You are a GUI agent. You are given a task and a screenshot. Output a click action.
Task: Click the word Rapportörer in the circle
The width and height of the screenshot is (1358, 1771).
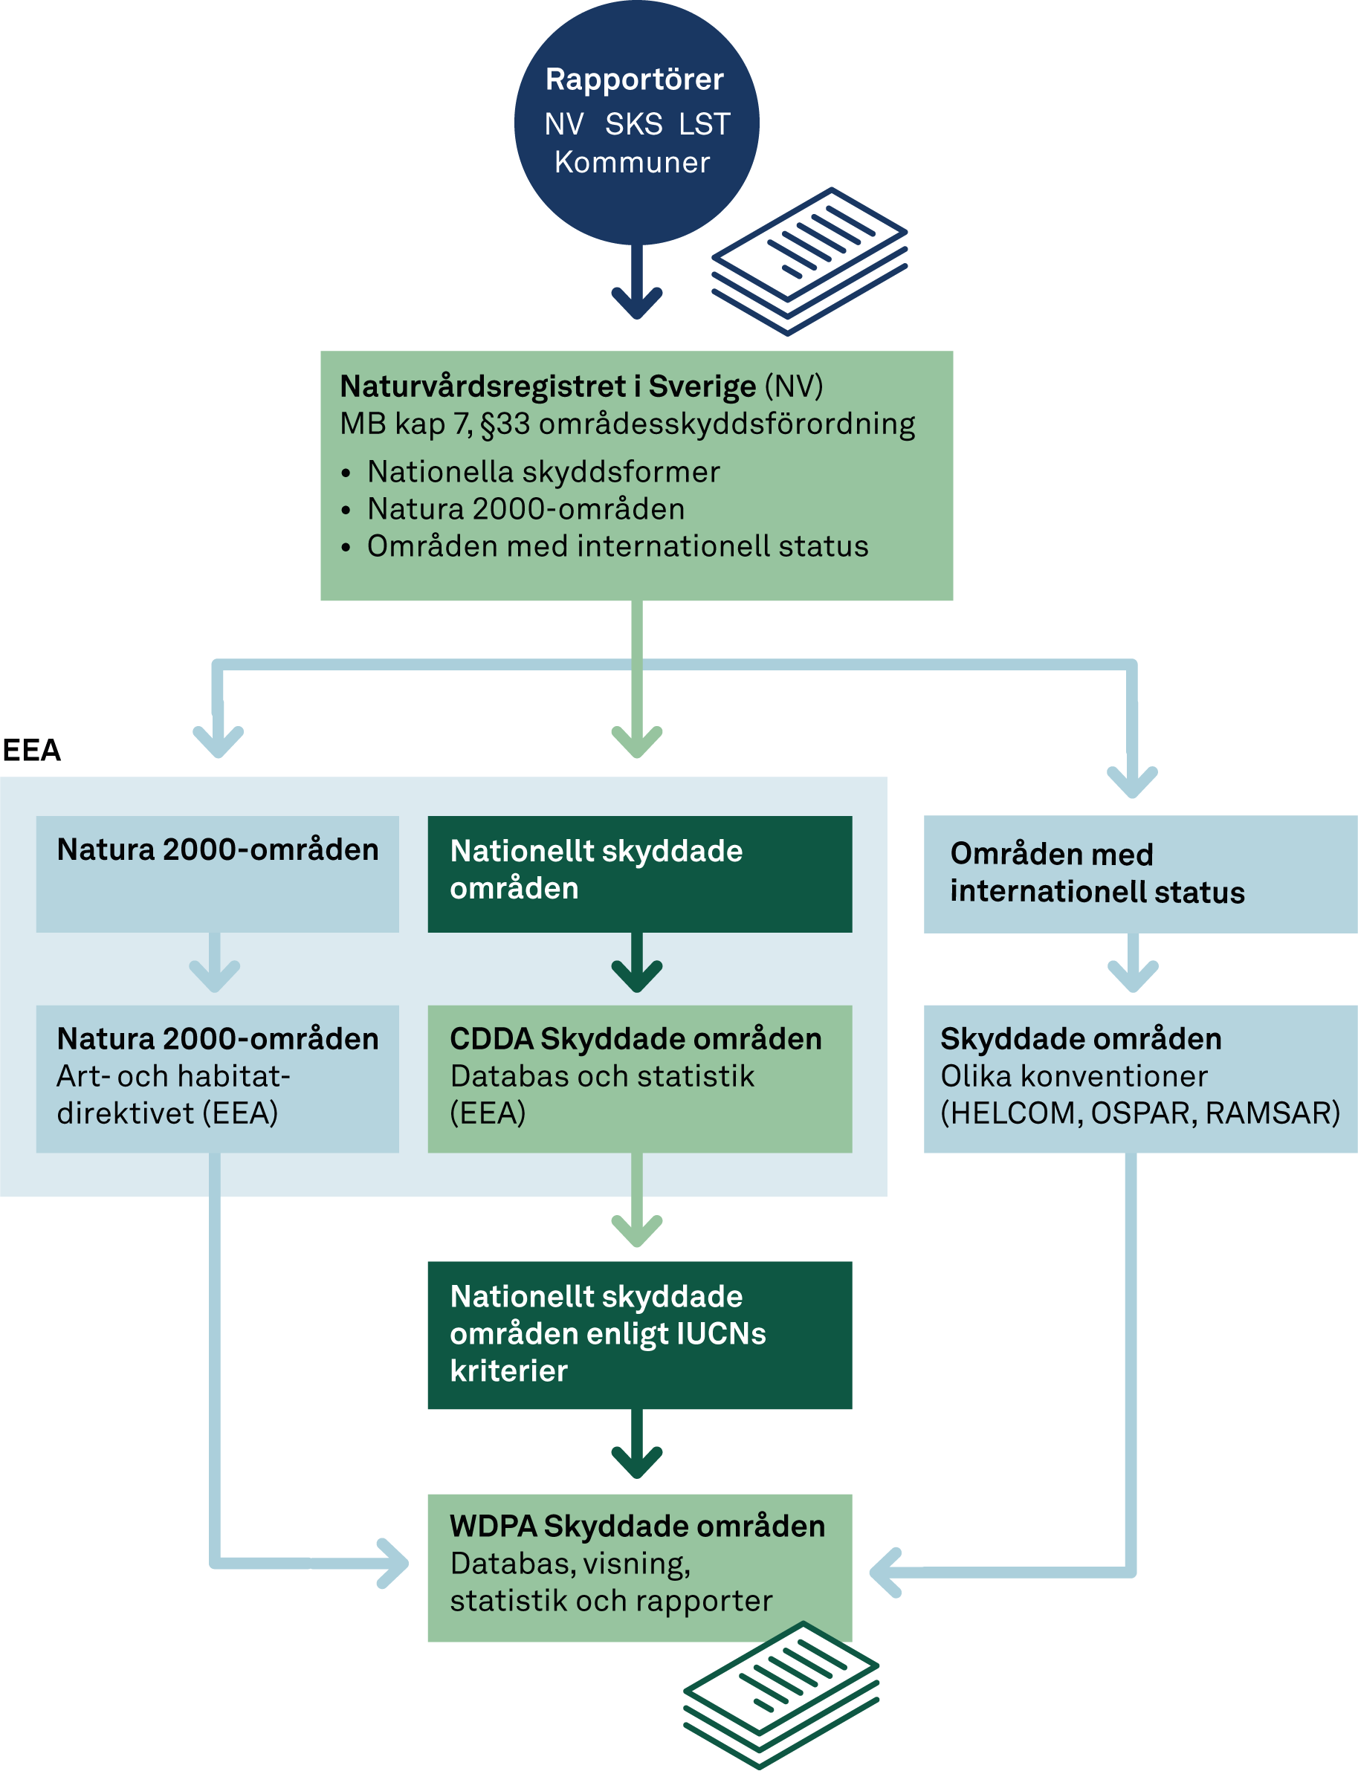(635, 80)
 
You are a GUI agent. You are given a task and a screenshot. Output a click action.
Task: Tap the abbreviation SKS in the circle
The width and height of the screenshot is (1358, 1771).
(634, 124)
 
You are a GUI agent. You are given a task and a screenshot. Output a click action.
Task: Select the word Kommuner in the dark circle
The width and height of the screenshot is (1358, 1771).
(632, 163)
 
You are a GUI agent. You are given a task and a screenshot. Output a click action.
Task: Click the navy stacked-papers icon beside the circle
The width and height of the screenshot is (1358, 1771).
(809, 260)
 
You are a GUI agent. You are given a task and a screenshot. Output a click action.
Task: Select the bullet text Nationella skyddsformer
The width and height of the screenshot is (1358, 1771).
(543, 472)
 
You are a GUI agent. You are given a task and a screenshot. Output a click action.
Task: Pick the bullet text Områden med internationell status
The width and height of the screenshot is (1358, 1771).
(618, 546)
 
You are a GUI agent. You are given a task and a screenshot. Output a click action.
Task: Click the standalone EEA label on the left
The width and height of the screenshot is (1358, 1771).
(31, 750)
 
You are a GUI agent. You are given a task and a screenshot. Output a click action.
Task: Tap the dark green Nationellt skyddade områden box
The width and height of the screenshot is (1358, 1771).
(639, 874)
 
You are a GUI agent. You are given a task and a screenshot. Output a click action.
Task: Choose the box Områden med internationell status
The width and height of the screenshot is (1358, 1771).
(1139, 874)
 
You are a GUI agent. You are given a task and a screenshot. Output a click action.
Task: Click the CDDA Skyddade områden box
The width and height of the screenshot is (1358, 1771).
(639, 1078)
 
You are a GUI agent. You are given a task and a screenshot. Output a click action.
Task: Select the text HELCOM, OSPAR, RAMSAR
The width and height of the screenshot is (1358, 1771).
(1139, 1114)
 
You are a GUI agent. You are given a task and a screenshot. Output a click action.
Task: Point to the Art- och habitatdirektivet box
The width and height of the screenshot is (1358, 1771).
(218, 1078)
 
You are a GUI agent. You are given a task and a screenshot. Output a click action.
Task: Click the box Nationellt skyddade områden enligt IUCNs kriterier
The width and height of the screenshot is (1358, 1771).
(639, 1335)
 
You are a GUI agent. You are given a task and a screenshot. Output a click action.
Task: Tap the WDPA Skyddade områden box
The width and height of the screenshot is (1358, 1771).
(639, 1567)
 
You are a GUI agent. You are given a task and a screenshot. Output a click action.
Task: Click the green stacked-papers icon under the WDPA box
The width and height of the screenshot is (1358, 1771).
(781, 1694)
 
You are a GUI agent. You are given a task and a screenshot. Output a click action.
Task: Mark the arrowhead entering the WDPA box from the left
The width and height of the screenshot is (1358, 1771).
(394, 1563)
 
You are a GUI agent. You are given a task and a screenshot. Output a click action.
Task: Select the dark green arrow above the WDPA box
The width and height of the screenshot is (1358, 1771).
(637, 1447)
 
